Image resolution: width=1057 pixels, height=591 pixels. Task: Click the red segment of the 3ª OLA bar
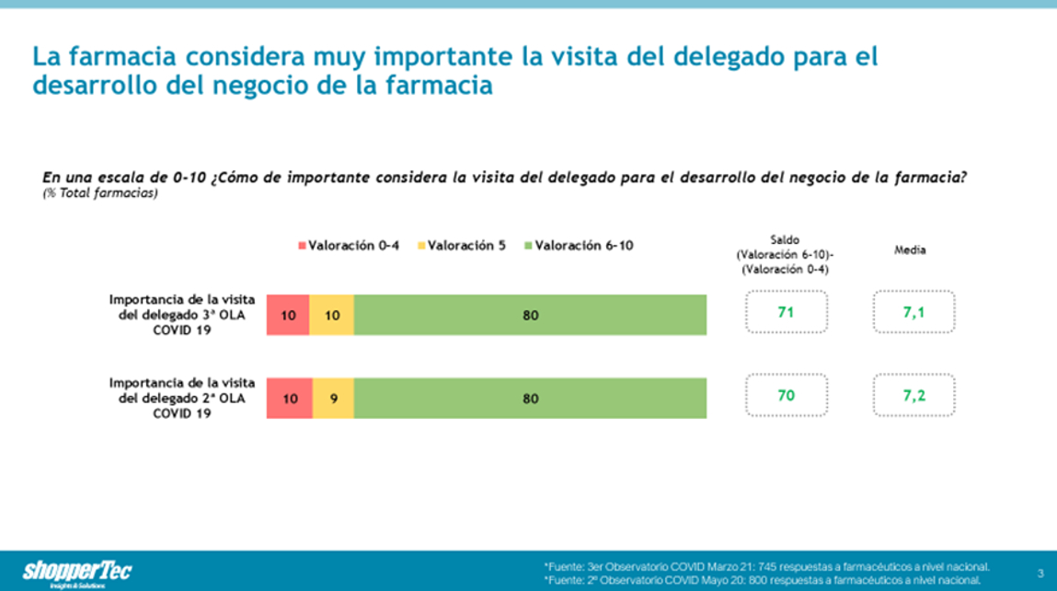pos(288,315)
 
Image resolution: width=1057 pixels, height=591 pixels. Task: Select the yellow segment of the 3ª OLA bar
pos(332,315)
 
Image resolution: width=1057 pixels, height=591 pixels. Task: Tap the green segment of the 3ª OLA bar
pos(530,315)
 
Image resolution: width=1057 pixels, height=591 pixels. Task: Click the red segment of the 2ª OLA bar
pos(290,399)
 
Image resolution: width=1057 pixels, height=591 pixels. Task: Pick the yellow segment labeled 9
pos(333,399)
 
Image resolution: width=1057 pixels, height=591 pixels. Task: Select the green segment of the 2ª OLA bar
pos(530,399)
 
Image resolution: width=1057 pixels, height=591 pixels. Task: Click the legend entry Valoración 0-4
pos(348,246)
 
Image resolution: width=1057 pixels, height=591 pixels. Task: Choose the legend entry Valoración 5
pos(462,246)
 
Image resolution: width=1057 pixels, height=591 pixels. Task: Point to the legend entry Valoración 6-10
pos(579,246)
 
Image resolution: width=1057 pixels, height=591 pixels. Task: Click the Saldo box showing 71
pos(786,313)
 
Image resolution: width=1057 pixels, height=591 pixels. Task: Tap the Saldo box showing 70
pos(786,397)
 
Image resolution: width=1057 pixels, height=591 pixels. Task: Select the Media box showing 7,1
pos(913,313)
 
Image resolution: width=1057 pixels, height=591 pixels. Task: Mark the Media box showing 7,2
pos(913,397)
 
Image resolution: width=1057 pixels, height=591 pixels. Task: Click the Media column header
pos(910,249)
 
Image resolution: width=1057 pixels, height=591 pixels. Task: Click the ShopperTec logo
pos(77,573)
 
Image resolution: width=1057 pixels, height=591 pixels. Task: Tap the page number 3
pos(1040,572)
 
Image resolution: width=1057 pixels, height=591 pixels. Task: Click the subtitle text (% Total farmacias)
pos(99,192)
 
